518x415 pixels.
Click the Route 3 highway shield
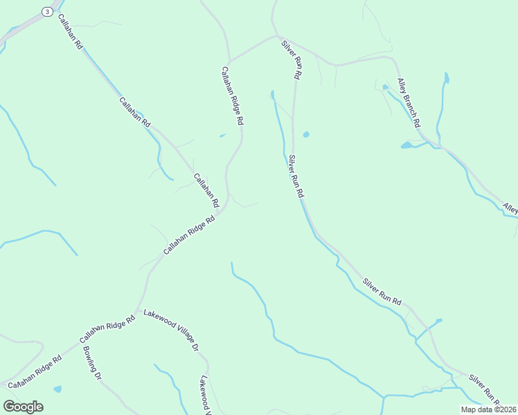[46, 11]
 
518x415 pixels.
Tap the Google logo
[23, 407]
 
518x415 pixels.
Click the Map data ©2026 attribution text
[488, 409]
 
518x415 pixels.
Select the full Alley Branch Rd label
[409, 103]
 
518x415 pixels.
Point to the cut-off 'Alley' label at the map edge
[510, 207]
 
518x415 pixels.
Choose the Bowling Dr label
[93, 362]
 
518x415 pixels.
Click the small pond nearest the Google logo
[57, 389]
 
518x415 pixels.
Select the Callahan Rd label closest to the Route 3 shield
[71, 31]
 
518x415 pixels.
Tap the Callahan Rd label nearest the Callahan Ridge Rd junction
[206, 191]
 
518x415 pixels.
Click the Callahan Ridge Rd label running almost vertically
[233, 95]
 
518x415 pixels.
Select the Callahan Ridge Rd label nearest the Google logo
[35, 371]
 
